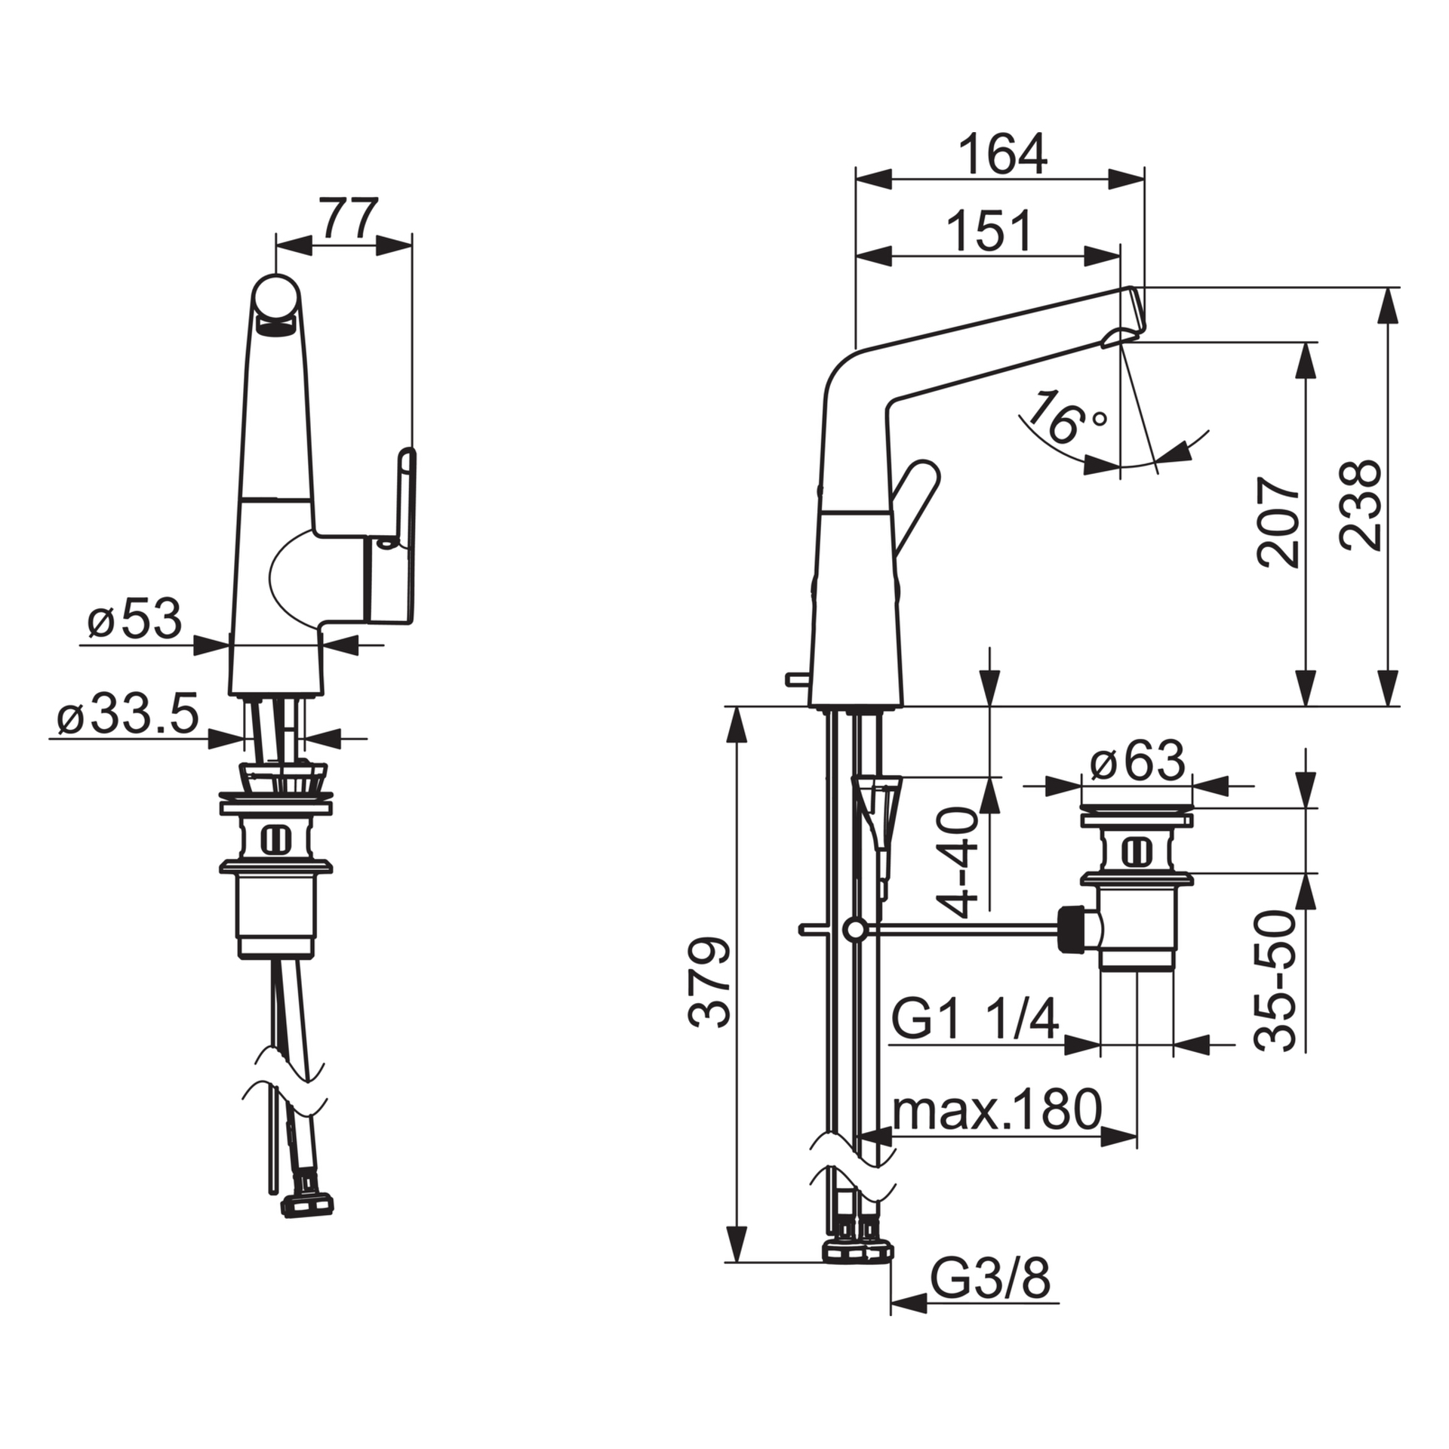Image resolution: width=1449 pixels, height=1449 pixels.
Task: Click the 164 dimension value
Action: pyautogui.click(x=1002, y=155)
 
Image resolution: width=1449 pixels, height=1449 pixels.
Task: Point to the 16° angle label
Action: pyautogui.click(x=1065, y=417)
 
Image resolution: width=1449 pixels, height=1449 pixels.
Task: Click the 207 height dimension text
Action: pyautogui.click(x=1279, y=521)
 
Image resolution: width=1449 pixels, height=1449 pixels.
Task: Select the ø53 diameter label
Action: pyautogui.click(x=135, y=620)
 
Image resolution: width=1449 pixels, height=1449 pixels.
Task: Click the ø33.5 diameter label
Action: pyautogui.click(x=128, y=714)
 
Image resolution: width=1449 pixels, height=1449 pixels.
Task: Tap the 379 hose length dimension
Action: pyautogui.click(x=710, y=983)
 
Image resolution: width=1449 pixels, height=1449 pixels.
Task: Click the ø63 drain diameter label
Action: pyautogui.click(x=1138, y=761)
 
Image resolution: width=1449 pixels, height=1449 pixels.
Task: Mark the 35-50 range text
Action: pyautogui.click(x=1275, y=980)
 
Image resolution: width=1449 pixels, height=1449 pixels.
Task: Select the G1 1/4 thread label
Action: pyautogui.click(x=975, y=1020)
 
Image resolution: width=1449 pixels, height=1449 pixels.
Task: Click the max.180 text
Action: pyautogui.click(x=996, y=1110)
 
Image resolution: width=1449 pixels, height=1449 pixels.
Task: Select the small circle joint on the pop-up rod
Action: pyautogui.click(x=855, y=931)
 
